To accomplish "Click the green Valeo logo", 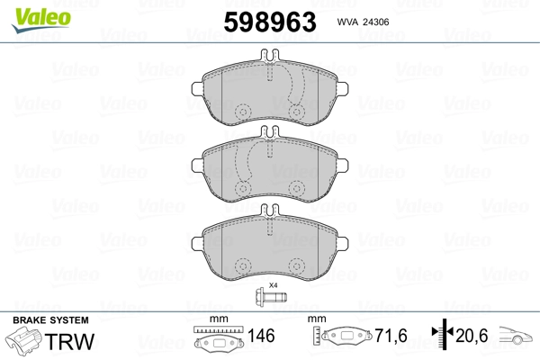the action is (x=41, y=19).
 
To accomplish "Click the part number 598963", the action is (x=270, y=22).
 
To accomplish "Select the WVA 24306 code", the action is (x=363, y=22).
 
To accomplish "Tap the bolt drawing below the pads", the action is (x=271, y=296).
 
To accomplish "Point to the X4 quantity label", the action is (x=273, y=285).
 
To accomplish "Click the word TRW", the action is (x=69, y=341).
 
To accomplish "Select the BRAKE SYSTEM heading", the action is (x=50, y=320).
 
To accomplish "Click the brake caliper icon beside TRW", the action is (x=23, y=340).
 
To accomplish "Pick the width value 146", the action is (x=261, y=336).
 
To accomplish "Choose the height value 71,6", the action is (x=391, y=336).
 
